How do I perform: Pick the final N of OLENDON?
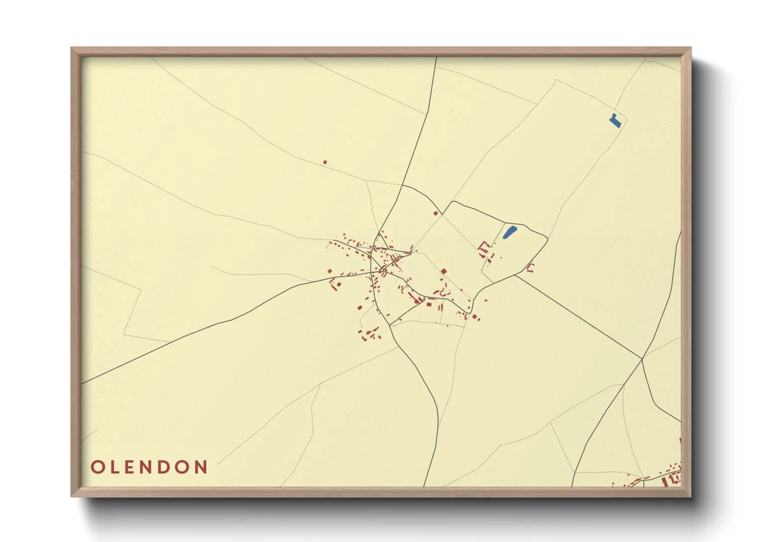click(202, 467)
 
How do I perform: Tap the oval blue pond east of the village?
click(509, 232)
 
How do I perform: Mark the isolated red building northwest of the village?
click(325, 162)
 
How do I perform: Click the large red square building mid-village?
click(444, 271)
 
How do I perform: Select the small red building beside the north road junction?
click(436, 213)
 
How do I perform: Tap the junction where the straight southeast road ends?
click(642, 359)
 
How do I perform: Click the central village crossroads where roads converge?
click(382, 267)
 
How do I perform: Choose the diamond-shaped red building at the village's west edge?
click(330, 272)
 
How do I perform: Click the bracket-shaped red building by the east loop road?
click(531, 267)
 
